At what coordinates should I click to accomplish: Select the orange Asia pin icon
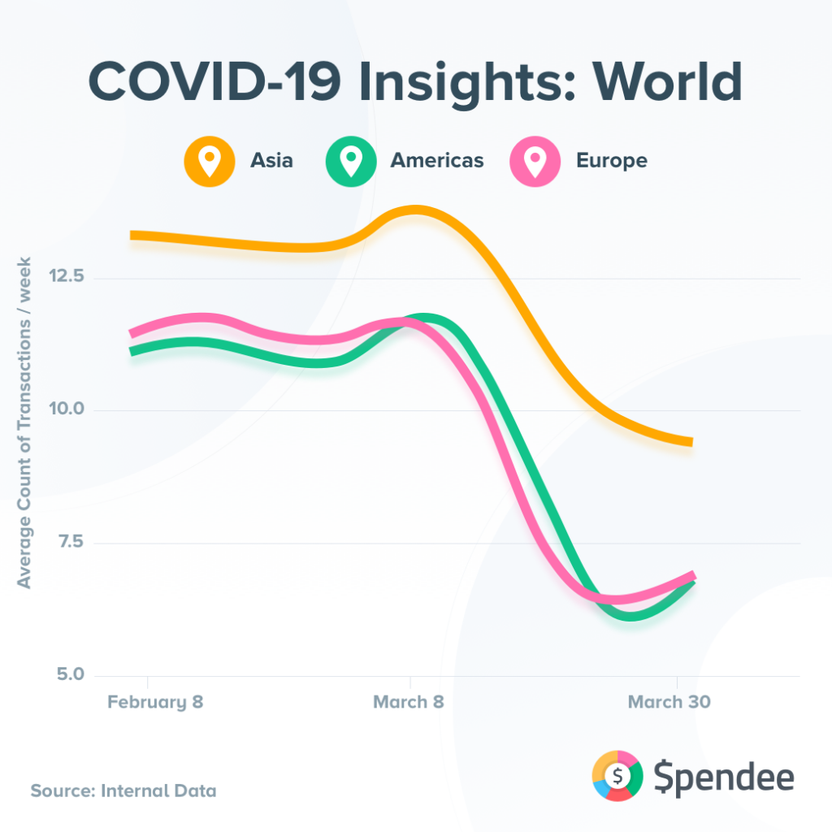point(209,160)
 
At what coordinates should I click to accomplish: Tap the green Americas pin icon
point(350,160)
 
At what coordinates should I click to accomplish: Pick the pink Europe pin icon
point(535,160)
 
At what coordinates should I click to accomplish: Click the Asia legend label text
point(271,160)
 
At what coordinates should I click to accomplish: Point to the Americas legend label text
point(437,160)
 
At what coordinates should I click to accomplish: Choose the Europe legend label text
point(612,160)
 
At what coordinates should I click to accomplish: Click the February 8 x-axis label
point(155,702)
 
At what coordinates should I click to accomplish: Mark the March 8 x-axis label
point(409,702)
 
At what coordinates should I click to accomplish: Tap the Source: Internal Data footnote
point(123,790)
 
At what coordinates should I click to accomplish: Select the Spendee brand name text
point(724,778)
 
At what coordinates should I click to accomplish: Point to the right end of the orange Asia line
point(689,442)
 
